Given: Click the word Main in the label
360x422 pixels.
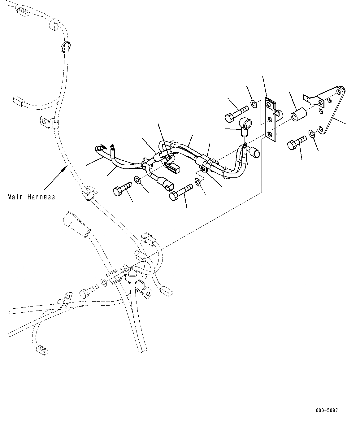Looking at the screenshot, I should click(x=16, y=197).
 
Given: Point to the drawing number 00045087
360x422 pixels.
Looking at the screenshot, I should click(x=327, y=411).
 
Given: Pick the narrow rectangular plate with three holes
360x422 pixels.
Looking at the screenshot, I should click(x=271, y=120).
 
